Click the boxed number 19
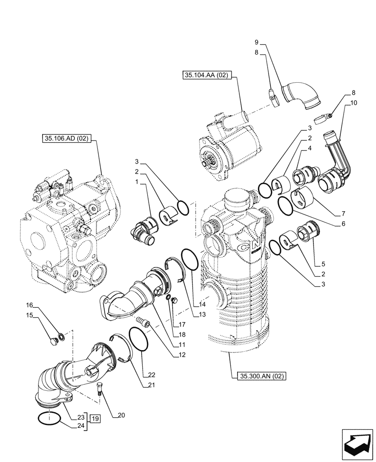[96, 419]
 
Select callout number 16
[29, 305]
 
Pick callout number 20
[121, 415]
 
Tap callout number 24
[81, 426]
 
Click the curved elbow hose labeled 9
[301, 95]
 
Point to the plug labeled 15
[52, 341]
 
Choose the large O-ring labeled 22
[138, 340]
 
